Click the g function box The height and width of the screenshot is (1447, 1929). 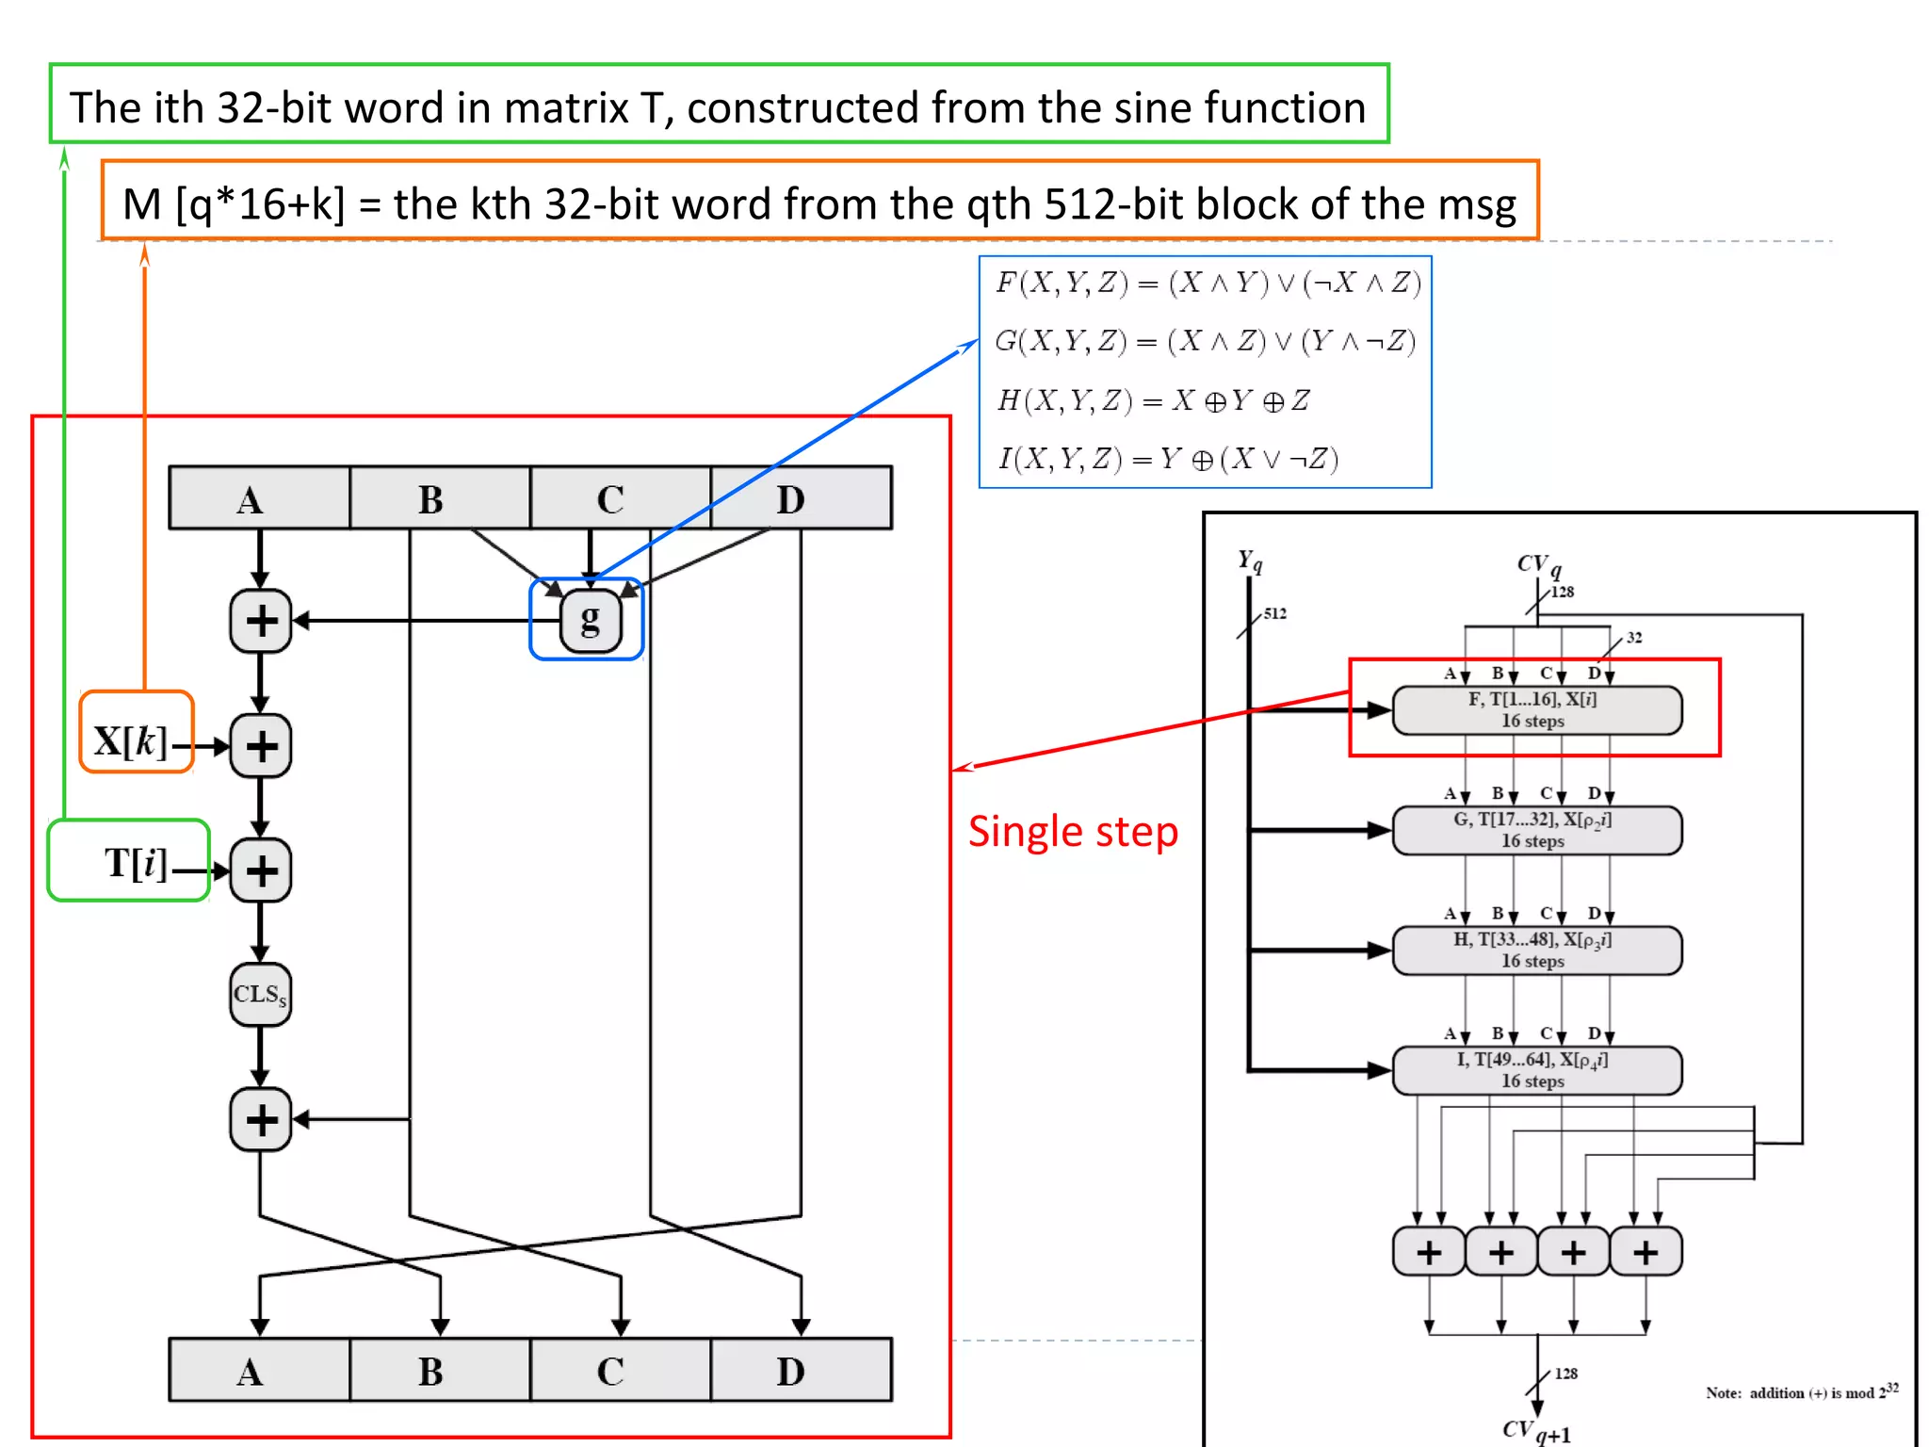(x=591, y=620)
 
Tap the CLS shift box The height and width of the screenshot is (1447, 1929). (x=260, y=995)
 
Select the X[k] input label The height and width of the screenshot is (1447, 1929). (x=131, y=741)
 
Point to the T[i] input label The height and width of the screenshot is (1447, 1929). (x=136, y=863)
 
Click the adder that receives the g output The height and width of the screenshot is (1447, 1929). (x=260, y=621)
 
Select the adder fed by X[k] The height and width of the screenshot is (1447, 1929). (x=260, y=746)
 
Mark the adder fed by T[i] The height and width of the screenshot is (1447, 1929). (x=260, y=870)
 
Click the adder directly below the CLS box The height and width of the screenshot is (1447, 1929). (x=260, y=1120)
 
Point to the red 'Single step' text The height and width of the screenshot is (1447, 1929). (x=1073, y=832)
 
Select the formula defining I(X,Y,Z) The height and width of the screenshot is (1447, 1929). (x=1168, y=460)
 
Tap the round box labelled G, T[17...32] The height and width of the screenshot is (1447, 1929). (x=1536, y=830)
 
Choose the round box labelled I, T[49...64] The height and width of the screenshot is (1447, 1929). (x=1536, y=1070)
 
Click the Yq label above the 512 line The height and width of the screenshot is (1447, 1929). (x=1250, y=562)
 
